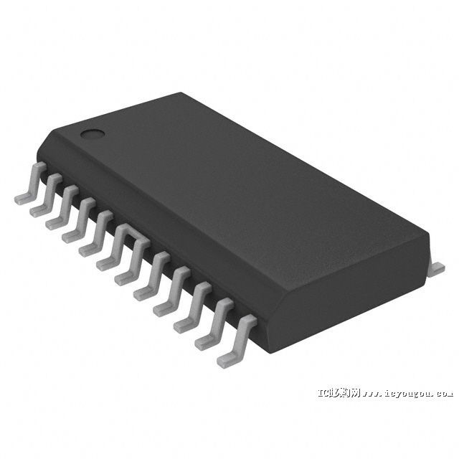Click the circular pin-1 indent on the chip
click(90, 133)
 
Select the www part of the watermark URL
click(372, 393)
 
